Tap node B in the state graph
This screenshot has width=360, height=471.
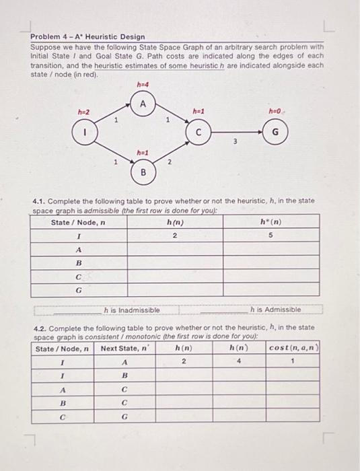143,173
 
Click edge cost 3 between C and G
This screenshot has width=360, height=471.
235,140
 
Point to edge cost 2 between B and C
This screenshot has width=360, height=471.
169,161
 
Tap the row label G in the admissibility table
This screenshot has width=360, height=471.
79,291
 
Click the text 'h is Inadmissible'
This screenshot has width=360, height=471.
132,310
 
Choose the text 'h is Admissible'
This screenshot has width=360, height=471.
275,310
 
